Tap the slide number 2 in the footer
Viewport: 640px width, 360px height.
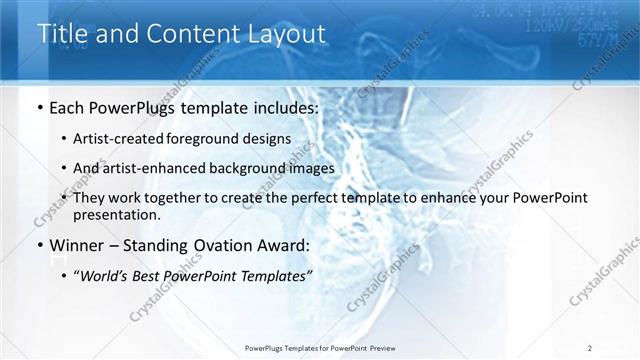(590, 348)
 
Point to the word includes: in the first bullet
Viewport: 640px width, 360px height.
(285, 106)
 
